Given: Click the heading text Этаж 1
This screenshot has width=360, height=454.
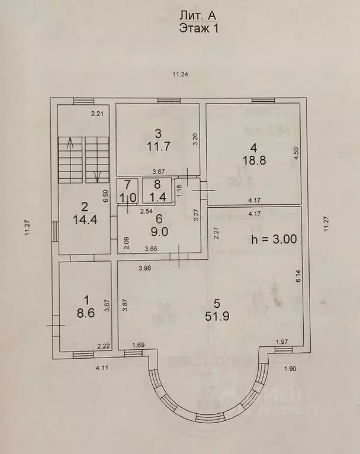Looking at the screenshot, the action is click(198, 28).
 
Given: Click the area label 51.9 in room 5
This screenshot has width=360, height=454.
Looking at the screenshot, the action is click(217, 316).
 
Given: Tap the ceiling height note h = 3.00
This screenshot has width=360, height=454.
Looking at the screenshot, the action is click(274, 239).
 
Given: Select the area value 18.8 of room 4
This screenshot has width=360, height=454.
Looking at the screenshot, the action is click(253, 160).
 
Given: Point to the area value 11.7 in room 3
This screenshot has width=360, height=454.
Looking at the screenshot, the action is click(158, 147).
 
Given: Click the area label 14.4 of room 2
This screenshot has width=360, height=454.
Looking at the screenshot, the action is click(85, 220).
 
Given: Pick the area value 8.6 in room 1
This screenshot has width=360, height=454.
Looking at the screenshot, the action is click(86, 313).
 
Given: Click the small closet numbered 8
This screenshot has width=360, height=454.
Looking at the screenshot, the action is click(157, 191).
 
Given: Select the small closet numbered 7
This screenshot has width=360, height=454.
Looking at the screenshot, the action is click(128, 191).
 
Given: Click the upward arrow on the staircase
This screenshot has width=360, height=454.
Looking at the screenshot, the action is click(69, 143).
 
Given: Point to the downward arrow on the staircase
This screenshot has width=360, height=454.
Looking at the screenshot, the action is click(98, 176).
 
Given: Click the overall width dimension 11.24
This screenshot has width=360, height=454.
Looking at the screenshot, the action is click(181, 75).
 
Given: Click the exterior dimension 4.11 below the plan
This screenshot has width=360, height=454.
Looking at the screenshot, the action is click(102, 368).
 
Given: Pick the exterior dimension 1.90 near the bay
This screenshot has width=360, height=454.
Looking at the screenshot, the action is click(290, 369).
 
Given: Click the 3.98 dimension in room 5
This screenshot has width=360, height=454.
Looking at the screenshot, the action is click(145, 268).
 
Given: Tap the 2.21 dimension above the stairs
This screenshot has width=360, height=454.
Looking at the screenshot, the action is click(97, 114).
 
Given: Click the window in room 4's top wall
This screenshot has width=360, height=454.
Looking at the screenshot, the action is click(263, 101).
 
